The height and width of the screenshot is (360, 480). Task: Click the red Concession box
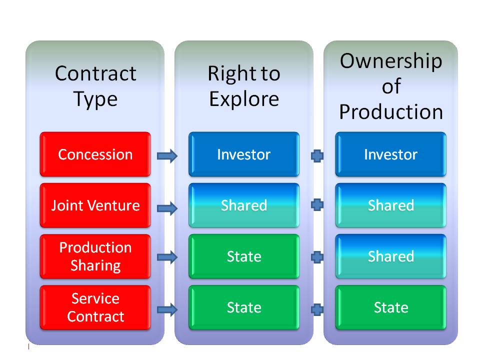point(95,154)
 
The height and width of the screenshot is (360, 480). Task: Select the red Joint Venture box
point(95,205)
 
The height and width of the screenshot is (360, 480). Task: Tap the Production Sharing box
point(95,256)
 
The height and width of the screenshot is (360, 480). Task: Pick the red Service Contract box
point(95,307)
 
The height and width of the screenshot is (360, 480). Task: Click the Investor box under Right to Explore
point(244,154)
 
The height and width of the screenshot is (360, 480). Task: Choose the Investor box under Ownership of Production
point(390,154)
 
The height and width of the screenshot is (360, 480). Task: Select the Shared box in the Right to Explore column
point(244,205)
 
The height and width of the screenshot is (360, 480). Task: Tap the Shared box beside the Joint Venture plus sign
point(390,205)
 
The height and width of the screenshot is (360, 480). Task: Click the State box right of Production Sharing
point(244,256)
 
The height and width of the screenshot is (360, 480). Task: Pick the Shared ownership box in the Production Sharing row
point(390,256)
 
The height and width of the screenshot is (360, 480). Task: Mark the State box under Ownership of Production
point(390,307)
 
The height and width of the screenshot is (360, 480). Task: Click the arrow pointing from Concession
point(167,156)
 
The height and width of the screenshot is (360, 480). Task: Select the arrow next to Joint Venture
point(167,208)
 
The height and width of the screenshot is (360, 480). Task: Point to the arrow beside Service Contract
point(167,310)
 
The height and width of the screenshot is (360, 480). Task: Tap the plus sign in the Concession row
point(317,156)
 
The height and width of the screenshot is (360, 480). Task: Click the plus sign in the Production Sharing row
point(317,257)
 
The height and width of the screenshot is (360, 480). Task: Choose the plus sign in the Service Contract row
point(317,309)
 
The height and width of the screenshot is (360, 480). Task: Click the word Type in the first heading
point(95,100)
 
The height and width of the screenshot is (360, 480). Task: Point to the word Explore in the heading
point(244,99)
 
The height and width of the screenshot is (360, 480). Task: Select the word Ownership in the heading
point(391,61)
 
